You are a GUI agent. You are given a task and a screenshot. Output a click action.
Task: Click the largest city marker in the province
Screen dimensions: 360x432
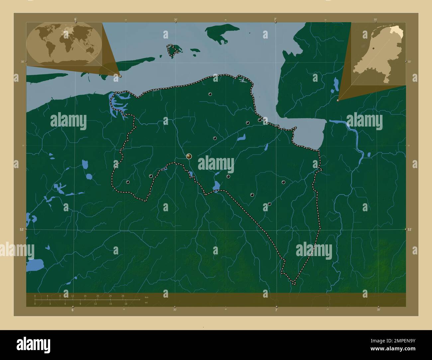pos(189,156)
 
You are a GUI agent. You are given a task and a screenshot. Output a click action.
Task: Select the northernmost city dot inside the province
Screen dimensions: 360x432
pos(210,94)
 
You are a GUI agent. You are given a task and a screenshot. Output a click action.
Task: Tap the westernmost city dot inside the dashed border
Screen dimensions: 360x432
pos(128,182)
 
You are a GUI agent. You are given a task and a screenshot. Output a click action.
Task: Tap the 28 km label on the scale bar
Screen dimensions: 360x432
pos(123,296)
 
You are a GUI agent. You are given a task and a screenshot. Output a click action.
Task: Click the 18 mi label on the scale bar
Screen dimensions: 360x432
pos(126,304)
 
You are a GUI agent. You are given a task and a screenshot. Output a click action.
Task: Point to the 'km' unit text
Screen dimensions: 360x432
pos(147,297)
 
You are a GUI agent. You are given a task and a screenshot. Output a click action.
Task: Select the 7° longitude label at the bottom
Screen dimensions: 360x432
pos(276,310)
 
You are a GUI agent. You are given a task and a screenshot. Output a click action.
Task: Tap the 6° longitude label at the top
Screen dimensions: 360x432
pos(76,19)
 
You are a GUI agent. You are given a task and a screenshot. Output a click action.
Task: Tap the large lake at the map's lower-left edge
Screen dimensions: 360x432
pos(35,265)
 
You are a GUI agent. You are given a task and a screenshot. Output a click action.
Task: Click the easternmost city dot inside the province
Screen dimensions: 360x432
pos(283,182)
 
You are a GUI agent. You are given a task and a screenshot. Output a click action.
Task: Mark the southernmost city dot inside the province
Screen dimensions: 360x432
pos(270,204)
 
